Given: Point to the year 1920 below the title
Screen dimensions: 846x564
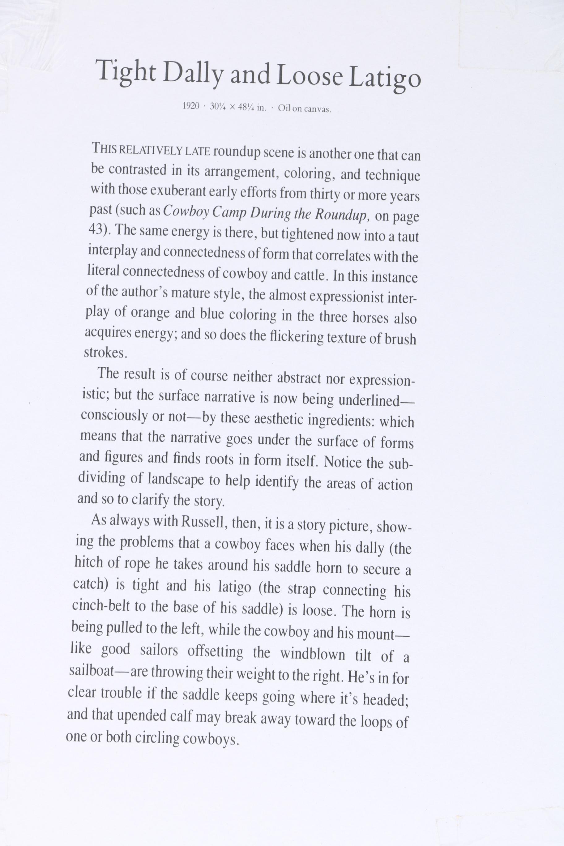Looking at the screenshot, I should pyautogui.click(x=191, y=106).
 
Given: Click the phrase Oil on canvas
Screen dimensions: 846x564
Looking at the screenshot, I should pyautogui.click(x=304, y=109).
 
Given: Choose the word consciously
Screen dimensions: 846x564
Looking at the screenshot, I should pyautogui.click(x=114, y=416).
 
